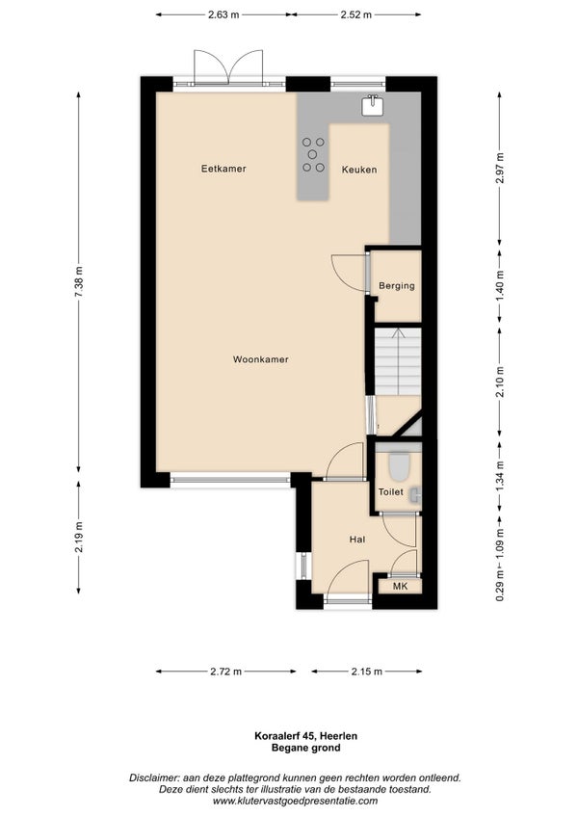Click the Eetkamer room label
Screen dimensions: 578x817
click(x=223, y=169)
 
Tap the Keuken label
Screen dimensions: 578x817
click(x=359, y=170)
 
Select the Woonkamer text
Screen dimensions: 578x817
click(x=261, y=359)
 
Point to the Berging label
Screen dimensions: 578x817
click(x=397, y=285)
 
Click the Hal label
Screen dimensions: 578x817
click(x=357, y=540)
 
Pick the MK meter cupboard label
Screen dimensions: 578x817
click(x=401, y=587)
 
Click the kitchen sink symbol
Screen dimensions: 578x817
click(x=373, y=105)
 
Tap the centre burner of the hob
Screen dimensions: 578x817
click(x=312, y=154)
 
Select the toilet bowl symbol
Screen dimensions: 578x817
click(x=400, y=465)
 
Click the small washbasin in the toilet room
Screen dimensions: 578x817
click(x=415, y=494)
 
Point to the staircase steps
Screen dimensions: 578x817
click(x=398, y=361)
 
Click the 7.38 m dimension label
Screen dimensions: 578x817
click(x=79, y=281)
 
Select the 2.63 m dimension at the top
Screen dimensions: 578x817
click(x=223, y=14)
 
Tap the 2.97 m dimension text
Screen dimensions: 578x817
click(x=500, y=168)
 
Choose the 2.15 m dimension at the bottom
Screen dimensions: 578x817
click(x=367, y=672)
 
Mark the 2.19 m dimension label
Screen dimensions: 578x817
click(x=79, y=538)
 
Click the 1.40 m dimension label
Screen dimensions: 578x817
click(x=500, y=285)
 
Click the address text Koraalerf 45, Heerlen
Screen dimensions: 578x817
click(x=306, y=736)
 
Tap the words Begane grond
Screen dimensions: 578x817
click(x=306, y=749)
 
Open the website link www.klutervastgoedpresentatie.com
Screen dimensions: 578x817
click(x=295, y=801)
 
